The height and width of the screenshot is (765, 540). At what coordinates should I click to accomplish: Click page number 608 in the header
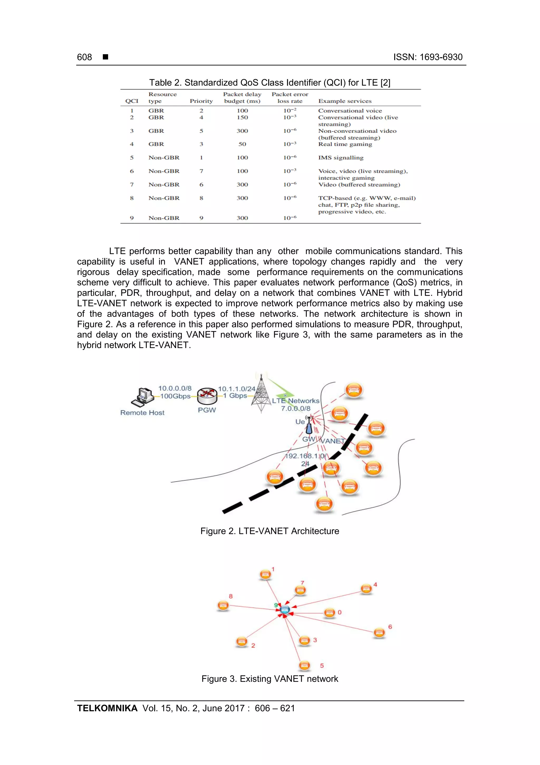[84, 57]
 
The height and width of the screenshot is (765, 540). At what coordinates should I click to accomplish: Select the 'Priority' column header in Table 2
[201, 101]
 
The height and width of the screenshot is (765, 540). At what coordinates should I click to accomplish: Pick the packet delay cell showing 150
[242, 117]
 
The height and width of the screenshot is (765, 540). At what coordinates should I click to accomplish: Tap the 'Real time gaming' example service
[345, 144]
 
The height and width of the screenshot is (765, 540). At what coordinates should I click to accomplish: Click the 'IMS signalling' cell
[341, 158]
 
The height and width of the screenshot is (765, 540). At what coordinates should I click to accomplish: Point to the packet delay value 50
[242, 144]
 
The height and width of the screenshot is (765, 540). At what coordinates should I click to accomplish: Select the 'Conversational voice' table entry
[350, 111]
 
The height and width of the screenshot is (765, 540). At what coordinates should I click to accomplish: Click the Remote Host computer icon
[142, 397]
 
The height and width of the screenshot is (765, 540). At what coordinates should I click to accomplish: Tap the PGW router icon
[207, 396]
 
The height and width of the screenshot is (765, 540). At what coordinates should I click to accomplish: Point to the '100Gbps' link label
[175, 396]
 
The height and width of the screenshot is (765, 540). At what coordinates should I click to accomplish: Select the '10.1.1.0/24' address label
[237, 389]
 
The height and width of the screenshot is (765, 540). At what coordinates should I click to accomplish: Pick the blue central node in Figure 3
[285, 610]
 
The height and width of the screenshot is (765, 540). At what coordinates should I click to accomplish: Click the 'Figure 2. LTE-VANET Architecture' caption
[269, 531]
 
